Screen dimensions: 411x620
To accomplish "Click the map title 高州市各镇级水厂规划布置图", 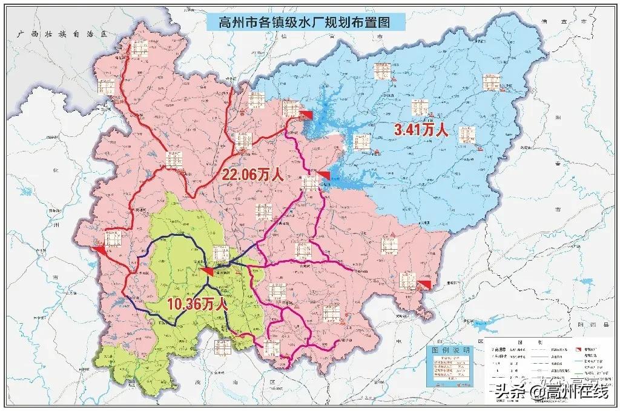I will tap(305, 23).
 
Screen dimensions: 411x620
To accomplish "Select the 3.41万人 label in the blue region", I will tap(421, 130).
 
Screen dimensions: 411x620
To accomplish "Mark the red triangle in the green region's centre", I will tap(207, 270).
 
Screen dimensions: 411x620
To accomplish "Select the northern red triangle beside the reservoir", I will tap(308, 115).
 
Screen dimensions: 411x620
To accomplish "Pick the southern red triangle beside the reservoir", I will tap(325, 176).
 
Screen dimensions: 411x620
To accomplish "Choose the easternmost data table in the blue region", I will tap(491, 82).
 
